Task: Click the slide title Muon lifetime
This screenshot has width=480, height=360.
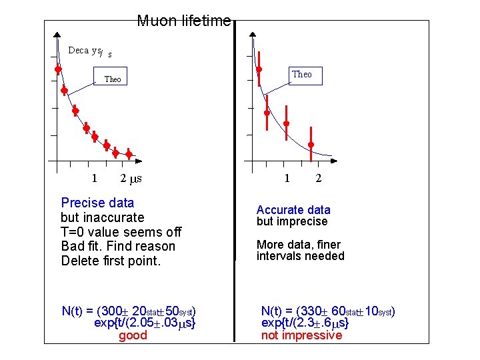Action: [x=184, y=21]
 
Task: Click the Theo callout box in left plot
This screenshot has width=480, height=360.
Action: [x=113, y=79]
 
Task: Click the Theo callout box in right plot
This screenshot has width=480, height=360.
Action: [x=301, y=75]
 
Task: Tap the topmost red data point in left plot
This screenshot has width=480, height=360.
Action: [x=58, y=68]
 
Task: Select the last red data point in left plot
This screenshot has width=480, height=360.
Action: [x=129, y=155]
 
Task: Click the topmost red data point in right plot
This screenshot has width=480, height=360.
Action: [x=259, y=69]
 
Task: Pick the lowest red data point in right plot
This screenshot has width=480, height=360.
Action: [x=311, y=145]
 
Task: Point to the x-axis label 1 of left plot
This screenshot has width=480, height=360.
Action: [x=95, y=178]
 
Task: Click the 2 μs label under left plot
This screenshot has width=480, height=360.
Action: [x=131, y=178]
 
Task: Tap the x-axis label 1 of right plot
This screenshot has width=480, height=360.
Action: [x=287, y=178]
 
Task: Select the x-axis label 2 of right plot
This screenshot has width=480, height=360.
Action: [x=318, y=178]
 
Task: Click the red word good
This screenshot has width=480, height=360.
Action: [x=133, y=335]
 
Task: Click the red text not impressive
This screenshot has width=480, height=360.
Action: [x=301, y=335]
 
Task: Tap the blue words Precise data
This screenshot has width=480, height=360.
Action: [x=97, y=203]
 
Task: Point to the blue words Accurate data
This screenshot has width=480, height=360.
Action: [x=293, y=210]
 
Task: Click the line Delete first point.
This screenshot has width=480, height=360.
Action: [x=111, y=261]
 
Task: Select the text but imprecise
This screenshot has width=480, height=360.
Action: [x=292, y=221]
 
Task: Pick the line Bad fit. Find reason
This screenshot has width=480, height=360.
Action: [x=117, y=246]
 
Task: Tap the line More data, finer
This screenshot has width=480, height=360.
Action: [x=300, y=244]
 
